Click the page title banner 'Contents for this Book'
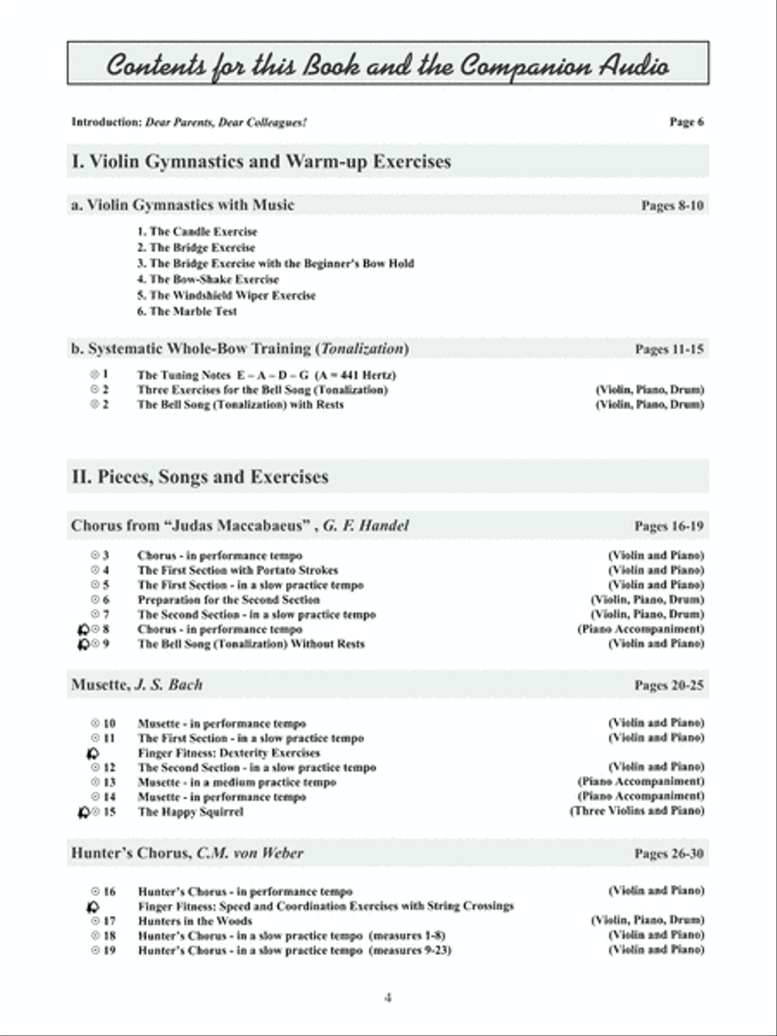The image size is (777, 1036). pos(388,65)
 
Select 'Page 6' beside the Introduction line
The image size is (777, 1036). pos(686,122)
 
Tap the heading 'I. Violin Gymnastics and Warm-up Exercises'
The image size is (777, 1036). pos(261,161)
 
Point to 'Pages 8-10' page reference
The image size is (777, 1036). pos(673,205)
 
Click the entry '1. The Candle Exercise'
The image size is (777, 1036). pos(197,231)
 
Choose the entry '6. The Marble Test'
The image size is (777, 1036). pos(186,311)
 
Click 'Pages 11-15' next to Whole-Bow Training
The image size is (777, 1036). pos(669,350)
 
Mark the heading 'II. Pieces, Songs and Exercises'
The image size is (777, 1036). pos(199,477)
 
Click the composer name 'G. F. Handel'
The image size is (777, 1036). pos(366,525)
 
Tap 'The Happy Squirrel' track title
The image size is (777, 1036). pos(190,812)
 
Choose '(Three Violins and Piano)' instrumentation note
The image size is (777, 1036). pos(636,812)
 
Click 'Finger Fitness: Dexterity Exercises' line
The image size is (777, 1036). pos(229,753)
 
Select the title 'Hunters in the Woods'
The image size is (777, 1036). pos(196,921)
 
